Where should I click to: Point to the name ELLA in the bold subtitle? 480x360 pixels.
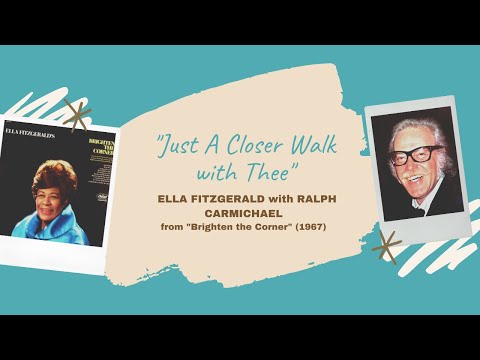coord(175,198)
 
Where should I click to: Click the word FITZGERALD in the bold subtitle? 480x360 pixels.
coord(233,198)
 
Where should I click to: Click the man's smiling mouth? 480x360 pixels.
coord(411,179)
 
